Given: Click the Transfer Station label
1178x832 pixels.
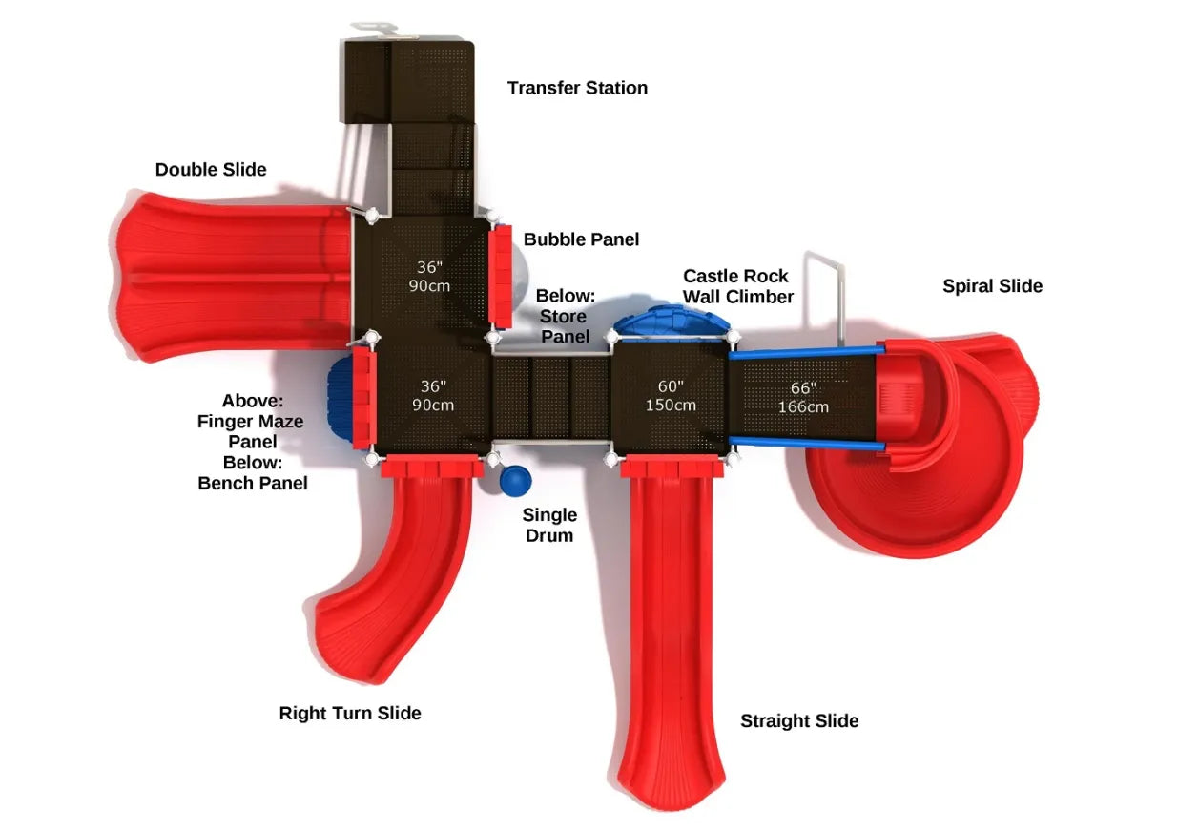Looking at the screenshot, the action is pyautogui.click(x=577, y=88).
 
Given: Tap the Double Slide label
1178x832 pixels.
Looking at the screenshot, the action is pyautogui.click(x=211, y=169).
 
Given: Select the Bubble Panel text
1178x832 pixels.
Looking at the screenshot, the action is pyautogui.click(x=581, y=239).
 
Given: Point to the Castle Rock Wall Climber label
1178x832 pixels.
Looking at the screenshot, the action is pyautogui.click(x=738, y=286).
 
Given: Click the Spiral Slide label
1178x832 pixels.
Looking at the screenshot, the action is pyautogui.click(x=992, y=286).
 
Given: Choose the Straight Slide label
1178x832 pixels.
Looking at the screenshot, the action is pyautogui.click(x=799, y=720).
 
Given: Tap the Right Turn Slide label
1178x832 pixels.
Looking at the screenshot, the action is pyautogui.click(x=350, y=713).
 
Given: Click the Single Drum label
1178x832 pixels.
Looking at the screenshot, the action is pyautogui.click(x=549, y=525).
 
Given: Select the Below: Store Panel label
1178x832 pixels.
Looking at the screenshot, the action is pyautogui.click(x=566, y=316).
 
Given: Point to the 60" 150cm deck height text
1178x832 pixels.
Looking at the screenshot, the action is pyautogui.click(x=671, y=396).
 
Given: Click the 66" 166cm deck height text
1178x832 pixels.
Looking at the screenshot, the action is pyautogui.click(x=803, y=397).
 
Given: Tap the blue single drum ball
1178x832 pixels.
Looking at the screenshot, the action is pyautogui.click(x=515, y=481).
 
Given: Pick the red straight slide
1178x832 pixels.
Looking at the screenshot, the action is pyautogui.click(x=671, y=631).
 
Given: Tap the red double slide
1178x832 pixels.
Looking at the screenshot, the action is pyautogui.click(x=234, y=277).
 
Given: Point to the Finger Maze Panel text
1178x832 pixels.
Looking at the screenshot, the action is pyautogui.click(x=251, y=431).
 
